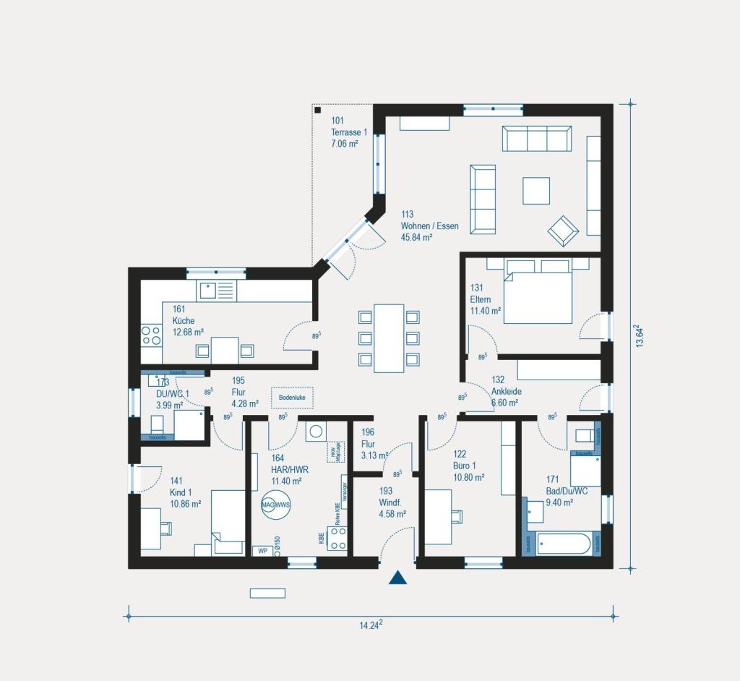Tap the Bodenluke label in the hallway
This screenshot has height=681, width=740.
[x=293, y=397]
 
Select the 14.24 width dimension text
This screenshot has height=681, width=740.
[x=371, y=625]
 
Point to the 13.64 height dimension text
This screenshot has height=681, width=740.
[x=639, y=337]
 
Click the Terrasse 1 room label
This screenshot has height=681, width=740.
[x=349, y=132]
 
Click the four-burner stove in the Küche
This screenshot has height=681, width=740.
[x=151, y=335]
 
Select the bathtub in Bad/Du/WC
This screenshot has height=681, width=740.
[x=564, y=544]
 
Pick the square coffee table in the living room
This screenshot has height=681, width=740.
[x=536, y=191]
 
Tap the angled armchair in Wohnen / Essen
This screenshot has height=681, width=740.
[x=563, y=231]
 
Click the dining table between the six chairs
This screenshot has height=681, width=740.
[x=389, y=338]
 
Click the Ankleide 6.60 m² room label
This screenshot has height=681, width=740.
[x=506, y=390]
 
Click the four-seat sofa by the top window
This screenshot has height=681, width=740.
[x=536, y=138]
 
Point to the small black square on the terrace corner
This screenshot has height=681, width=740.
[x=317, y=110]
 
